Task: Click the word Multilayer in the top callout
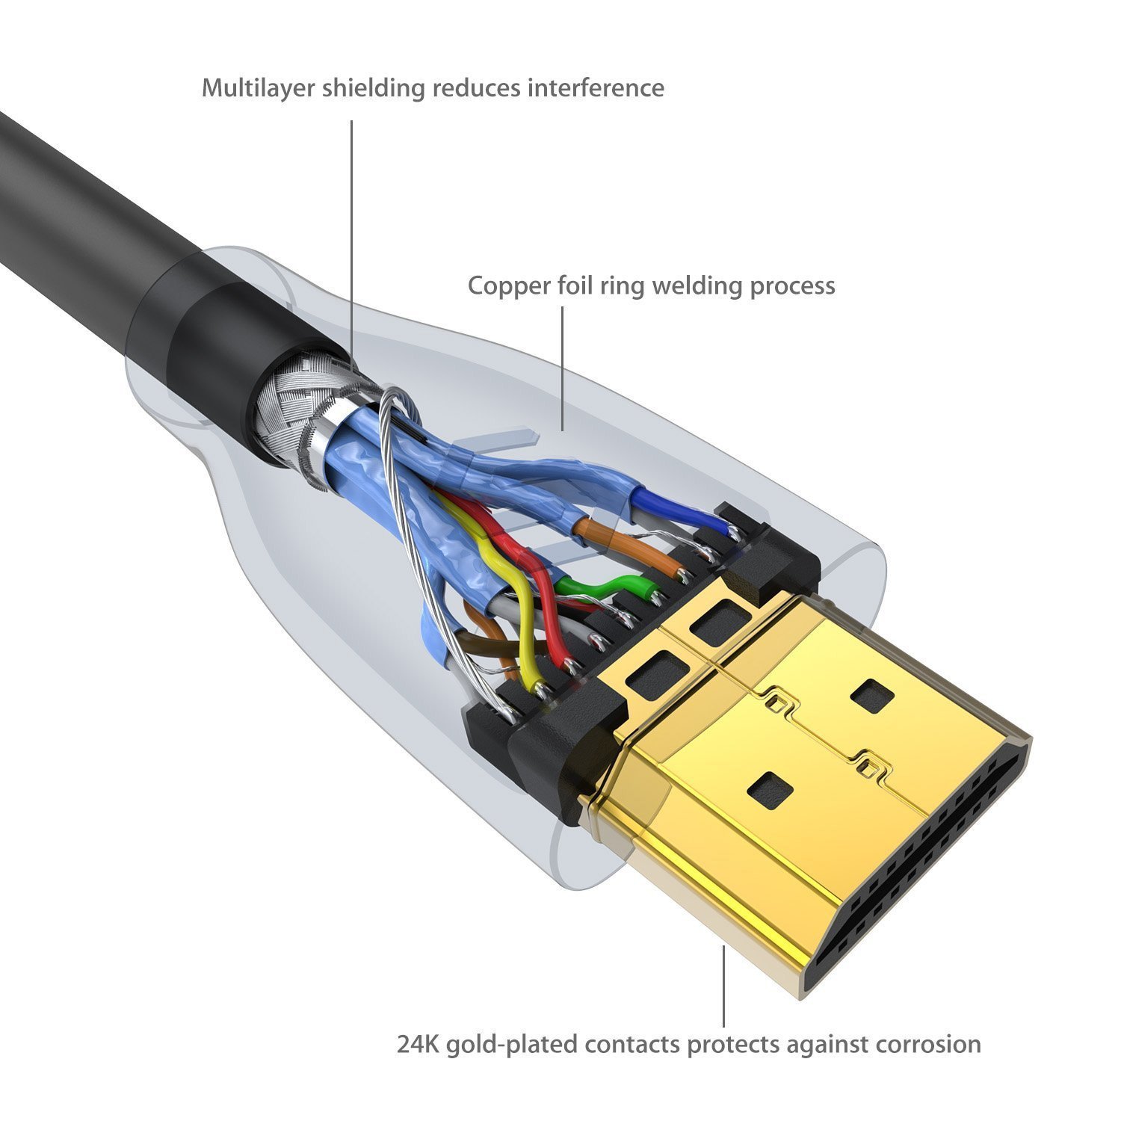(x=258, y=88)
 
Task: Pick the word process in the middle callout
(x=792, y=285)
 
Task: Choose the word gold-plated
(x=512, y=1044)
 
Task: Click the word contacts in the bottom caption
(x=634, y=1044)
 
